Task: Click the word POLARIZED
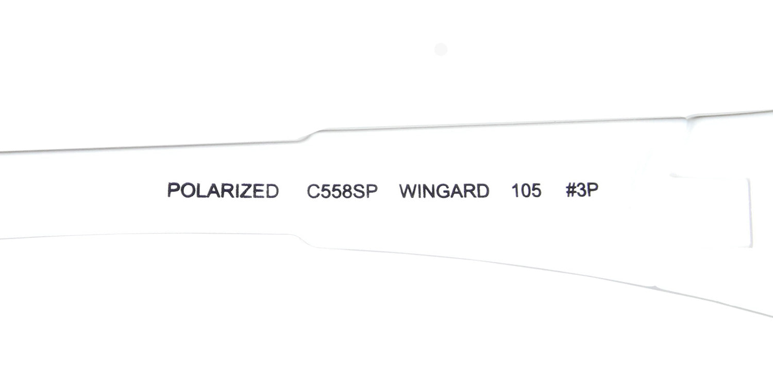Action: click(x=223, y=190)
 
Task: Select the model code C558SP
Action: click(x=342, y=191)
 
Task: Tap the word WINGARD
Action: click(x=444, y=191)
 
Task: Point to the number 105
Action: click(x=526, y=190)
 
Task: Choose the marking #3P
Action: click(x=582, y=189)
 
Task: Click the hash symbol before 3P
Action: click(x=571, y=189)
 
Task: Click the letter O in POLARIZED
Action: click(x=189, y=190)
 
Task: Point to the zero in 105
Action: click(x=526, y=190)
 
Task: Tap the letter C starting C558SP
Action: click(x=313, y=191)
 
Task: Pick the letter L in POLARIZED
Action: click(x=203, y=190)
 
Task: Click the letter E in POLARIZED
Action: click(x=260, y=191)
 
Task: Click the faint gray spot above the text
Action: click(x=441, y=49)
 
